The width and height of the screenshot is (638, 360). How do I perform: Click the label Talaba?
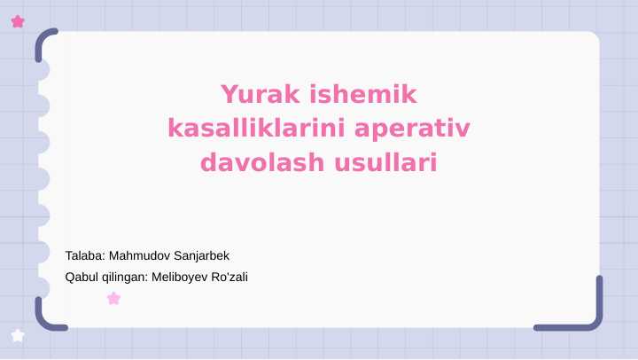click(85, 255)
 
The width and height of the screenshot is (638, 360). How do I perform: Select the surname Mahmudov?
click(138, 255)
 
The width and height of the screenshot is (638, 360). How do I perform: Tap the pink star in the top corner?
click(18, 21)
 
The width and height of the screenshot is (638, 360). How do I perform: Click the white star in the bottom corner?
click(18, 335)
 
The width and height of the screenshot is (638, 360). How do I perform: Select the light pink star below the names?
click(113, 299)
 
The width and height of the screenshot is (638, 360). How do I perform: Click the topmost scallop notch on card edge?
click(41, 70)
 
